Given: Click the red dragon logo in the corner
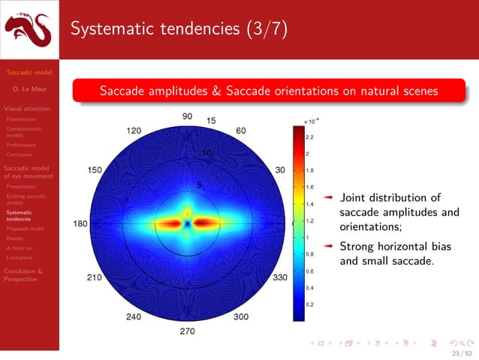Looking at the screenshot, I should pos(29,31).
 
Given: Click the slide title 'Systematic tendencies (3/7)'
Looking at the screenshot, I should pos(178,29).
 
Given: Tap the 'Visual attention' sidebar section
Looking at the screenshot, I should pos(29,108).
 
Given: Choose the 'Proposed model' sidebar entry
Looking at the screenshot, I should pos(25,228).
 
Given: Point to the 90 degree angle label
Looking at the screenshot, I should pos(187,116).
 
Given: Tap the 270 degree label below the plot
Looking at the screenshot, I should pos(187,331).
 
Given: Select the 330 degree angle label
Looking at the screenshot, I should pos(281,277).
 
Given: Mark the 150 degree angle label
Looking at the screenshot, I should pos(95,170).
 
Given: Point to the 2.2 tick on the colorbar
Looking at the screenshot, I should pos(309,138).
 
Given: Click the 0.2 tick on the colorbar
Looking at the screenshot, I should pos(309,304).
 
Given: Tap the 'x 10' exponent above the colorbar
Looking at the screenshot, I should pos(311,120).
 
